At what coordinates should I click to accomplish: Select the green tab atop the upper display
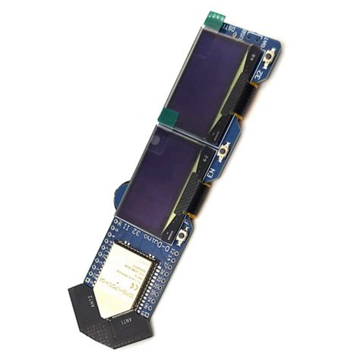pyautogui.click(x=215, y=18)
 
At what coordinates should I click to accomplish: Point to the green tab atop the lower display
pyautogui.click(x=168, y=117)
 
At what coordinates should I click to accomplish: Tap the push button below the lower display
pyautogui.click(x=183, y=238)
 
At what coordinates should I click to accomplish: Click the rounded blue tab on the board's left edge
pyautogui.click(x=121, y=194)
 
